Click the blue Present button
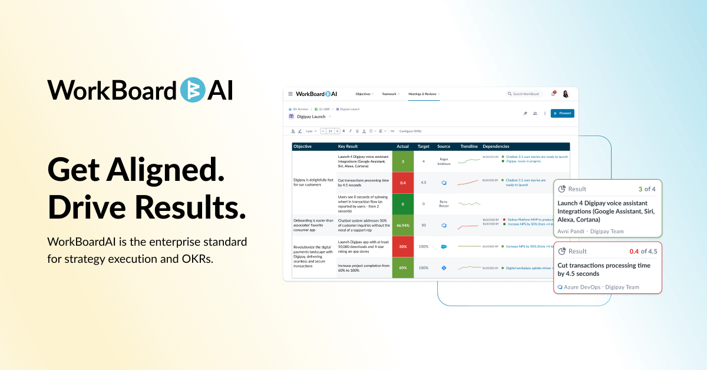click(562, 113)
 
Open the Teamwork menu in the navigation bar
click(390, 94)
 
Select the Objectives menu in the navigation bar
click(364, 94)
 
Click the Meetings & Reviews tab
click(424, 94)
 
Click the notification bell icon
click(553, 94)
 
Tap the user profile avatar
click(566, 94)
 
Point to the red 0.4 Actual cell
click(403, 183)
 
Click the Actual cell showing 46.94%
click(403, 225)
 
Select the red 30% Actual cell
click(403, 246)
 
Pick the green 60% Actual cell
click(403, 267)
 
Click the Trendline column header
click(469, 146)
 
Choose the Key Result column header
click(348, 146)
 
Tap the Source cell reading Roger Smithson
click(444, 161)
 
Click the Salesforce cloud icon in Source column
click(444, 246)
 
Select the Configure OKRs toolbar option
click(410, 131)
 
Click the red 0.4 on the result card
click(634, 251)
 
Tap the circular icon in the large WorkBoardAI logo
click(191, 90)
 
